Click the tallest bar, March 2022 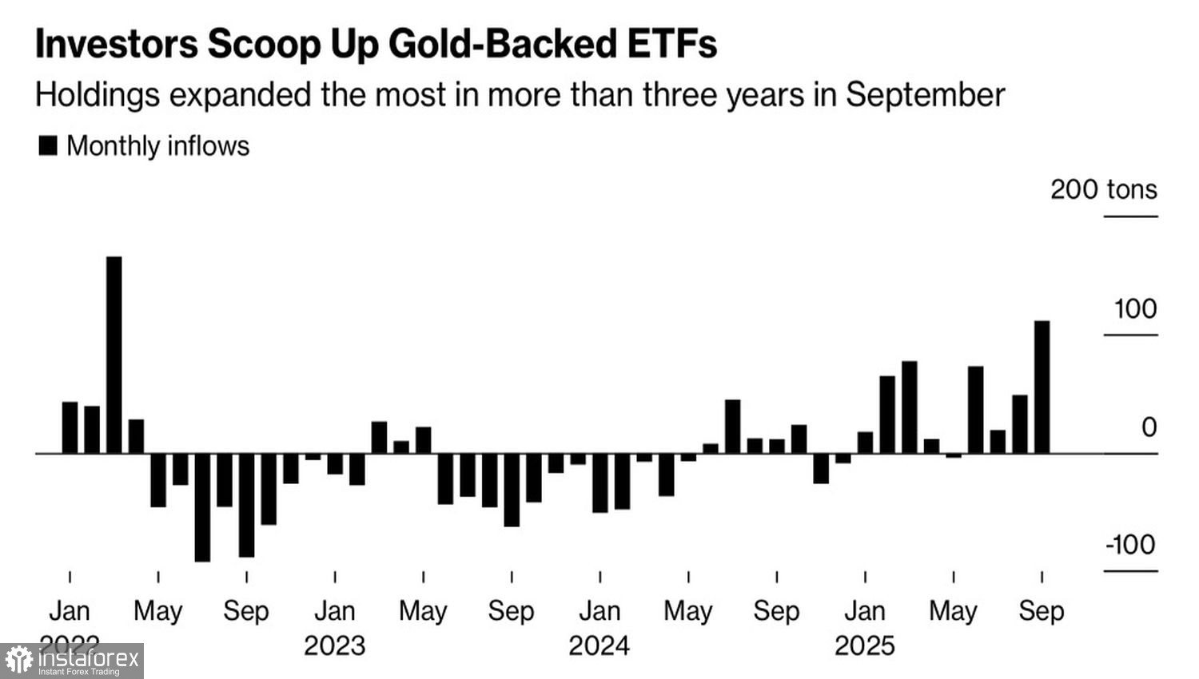[114, 355]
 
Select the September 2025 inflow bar [1042, 387]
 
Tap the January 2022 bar [70, 427]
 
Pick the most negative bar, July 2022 [202, 507]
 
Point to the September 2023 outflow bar [512, 490]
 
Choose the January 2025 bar [865, 443]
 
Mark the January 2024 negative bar [599, 482]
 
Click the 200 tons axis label [1103, 189]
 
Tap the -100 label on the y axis [1130, 545]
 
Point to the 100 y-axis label [1135, 309]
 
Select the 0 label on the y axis [1149, 427]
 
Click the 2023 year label [334, 645]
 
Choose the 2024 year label [599, 645]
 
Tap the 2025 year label [865, 645]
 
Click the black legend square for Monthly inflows [48, 145]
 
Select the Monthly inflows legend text [157, 145]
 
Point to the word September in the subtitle [925, 94]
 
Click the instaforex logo [72, 661]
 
